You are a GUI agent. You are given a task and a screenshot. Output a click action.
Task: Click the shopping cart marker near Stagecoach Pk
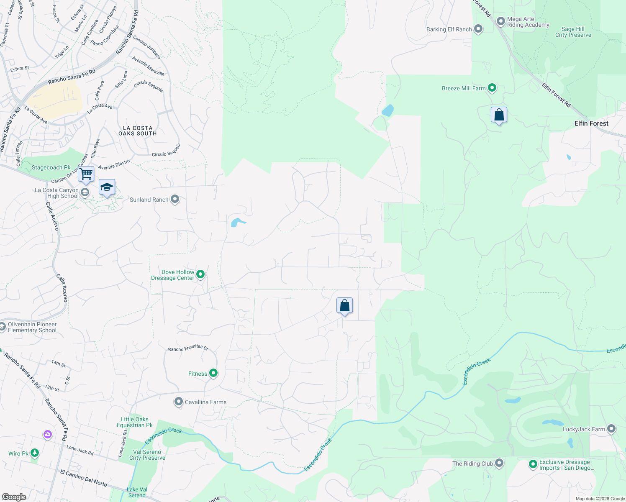pyautogui.click(x=86, y=174)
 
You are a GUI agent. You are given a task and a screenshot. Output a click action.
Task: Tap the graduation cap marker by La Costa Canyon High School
pyautogui.click(x=107, y=187)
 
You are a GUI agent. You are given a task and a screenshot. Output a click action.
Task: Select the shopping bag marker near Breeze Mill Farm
pyautogui.click(x=499, y=115)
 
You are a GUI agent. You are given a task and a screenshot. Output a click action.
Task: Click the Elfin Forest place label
pyautogui.click(x=591, y=123)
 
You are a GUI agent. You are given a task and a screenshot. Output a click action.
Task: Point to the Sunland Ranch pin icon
pyautogui.click(x=175, y=200)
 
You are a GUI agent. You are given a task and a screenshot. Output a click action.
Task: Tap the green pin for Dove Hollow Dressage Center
pyautogui.click(x=200, y=274)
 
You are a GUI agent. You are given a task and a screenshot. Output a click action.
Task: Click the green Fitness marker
pyautogui.click(x=213, y=373)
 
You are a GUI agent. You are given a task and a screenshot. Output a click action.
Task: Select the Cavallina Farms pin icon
pyautogui.click(x=179, y=402)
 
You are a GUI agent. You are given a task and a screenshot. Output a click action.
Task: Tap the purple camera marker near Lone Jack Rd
pyautogui.click(x=48, y=435)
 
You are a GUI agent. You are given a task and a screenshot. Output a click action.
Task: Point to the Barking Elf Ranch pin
pyautogui.click(x=478, y=29)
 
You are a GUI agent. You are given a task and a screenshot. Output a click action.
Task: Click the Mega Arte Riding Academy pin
pyautogui.click(x=501, y=21)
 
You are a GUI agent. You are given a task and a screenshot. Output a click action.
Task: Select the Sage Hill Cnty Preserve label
pyautogui.click(x=573, y=32)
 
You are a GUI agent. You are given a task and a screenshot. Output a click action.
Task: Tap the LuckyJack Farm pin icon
pyautogui.click(x=611, y=429)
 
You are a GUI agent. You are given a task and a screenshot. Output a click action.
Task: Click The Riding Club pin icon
pyautogui.click(x=499, y=463)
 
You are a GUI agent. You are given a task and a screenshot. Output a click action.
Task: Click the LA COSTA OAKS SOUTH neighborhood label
pyautogui.click(x=137, y=131)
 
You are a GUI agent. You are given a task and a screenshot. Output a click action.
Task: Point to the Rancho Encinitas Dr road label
pyautogui.click(x=188, y=348)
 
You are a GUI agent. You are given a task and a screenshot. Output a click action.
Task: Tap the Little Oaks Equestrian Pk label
pyautogui.click(x=134, y=422)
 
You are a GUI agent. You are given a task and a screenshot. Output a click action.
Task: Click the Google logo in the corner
pyautogui.click(x=14, y=497)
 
